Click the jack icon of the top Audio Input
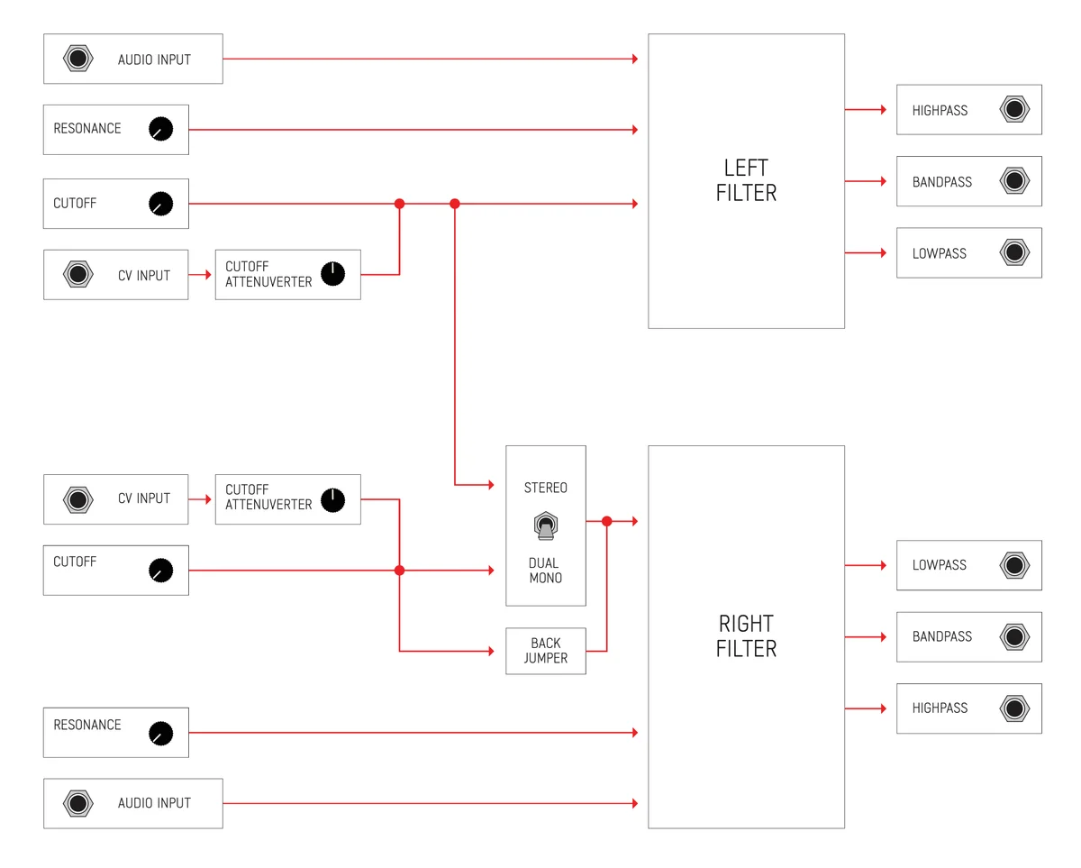click(x=78, y=59)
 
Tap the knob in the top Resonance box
click(x=160, y=130)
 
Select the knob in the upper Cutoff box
click(x=160, y=204)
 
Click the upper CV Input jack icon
click(x=78, y=275)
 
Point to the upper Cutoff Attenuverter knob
click(x=332, y=274)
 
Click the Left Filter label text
click(x=746, y=180)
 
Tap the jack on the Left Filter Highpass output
click(x=1014, y=110)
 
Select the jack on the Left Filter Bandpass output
click(x=1014, y=181)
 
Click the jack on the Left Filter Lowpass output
click(x=1014, y=252)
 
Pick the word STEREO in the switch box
click(x=546, y=488)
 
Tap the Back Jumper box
click(x=546, y=651)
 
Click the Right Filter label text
click(x=746, y=635)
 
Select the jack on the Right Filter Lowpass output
click(x=1014, y=565)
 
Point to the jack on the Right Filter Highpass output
click(x=1014, y=708)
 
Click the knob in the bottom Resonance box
click(x=160, y=734)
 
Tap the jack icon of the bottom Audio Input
click(x=78, y=803)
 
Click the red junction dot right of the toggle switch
click(x=606, y=521)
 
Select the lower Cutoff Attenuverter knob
click(x=332, y=499)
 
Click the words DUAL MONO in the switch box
click(x=545, y=571)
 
